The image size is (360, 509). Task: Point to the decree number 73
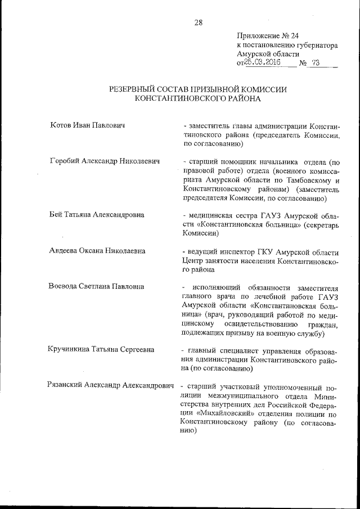pos(315,63)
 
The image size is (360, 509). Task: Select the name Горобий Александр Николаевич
pos(105,161)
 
